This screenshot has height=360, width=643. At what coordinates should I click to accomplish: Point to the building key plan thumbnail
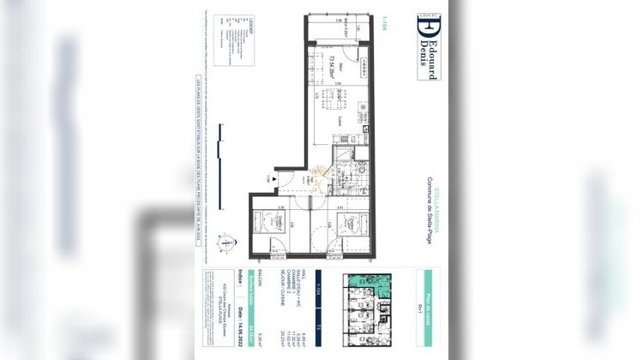tap(366, 312)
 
